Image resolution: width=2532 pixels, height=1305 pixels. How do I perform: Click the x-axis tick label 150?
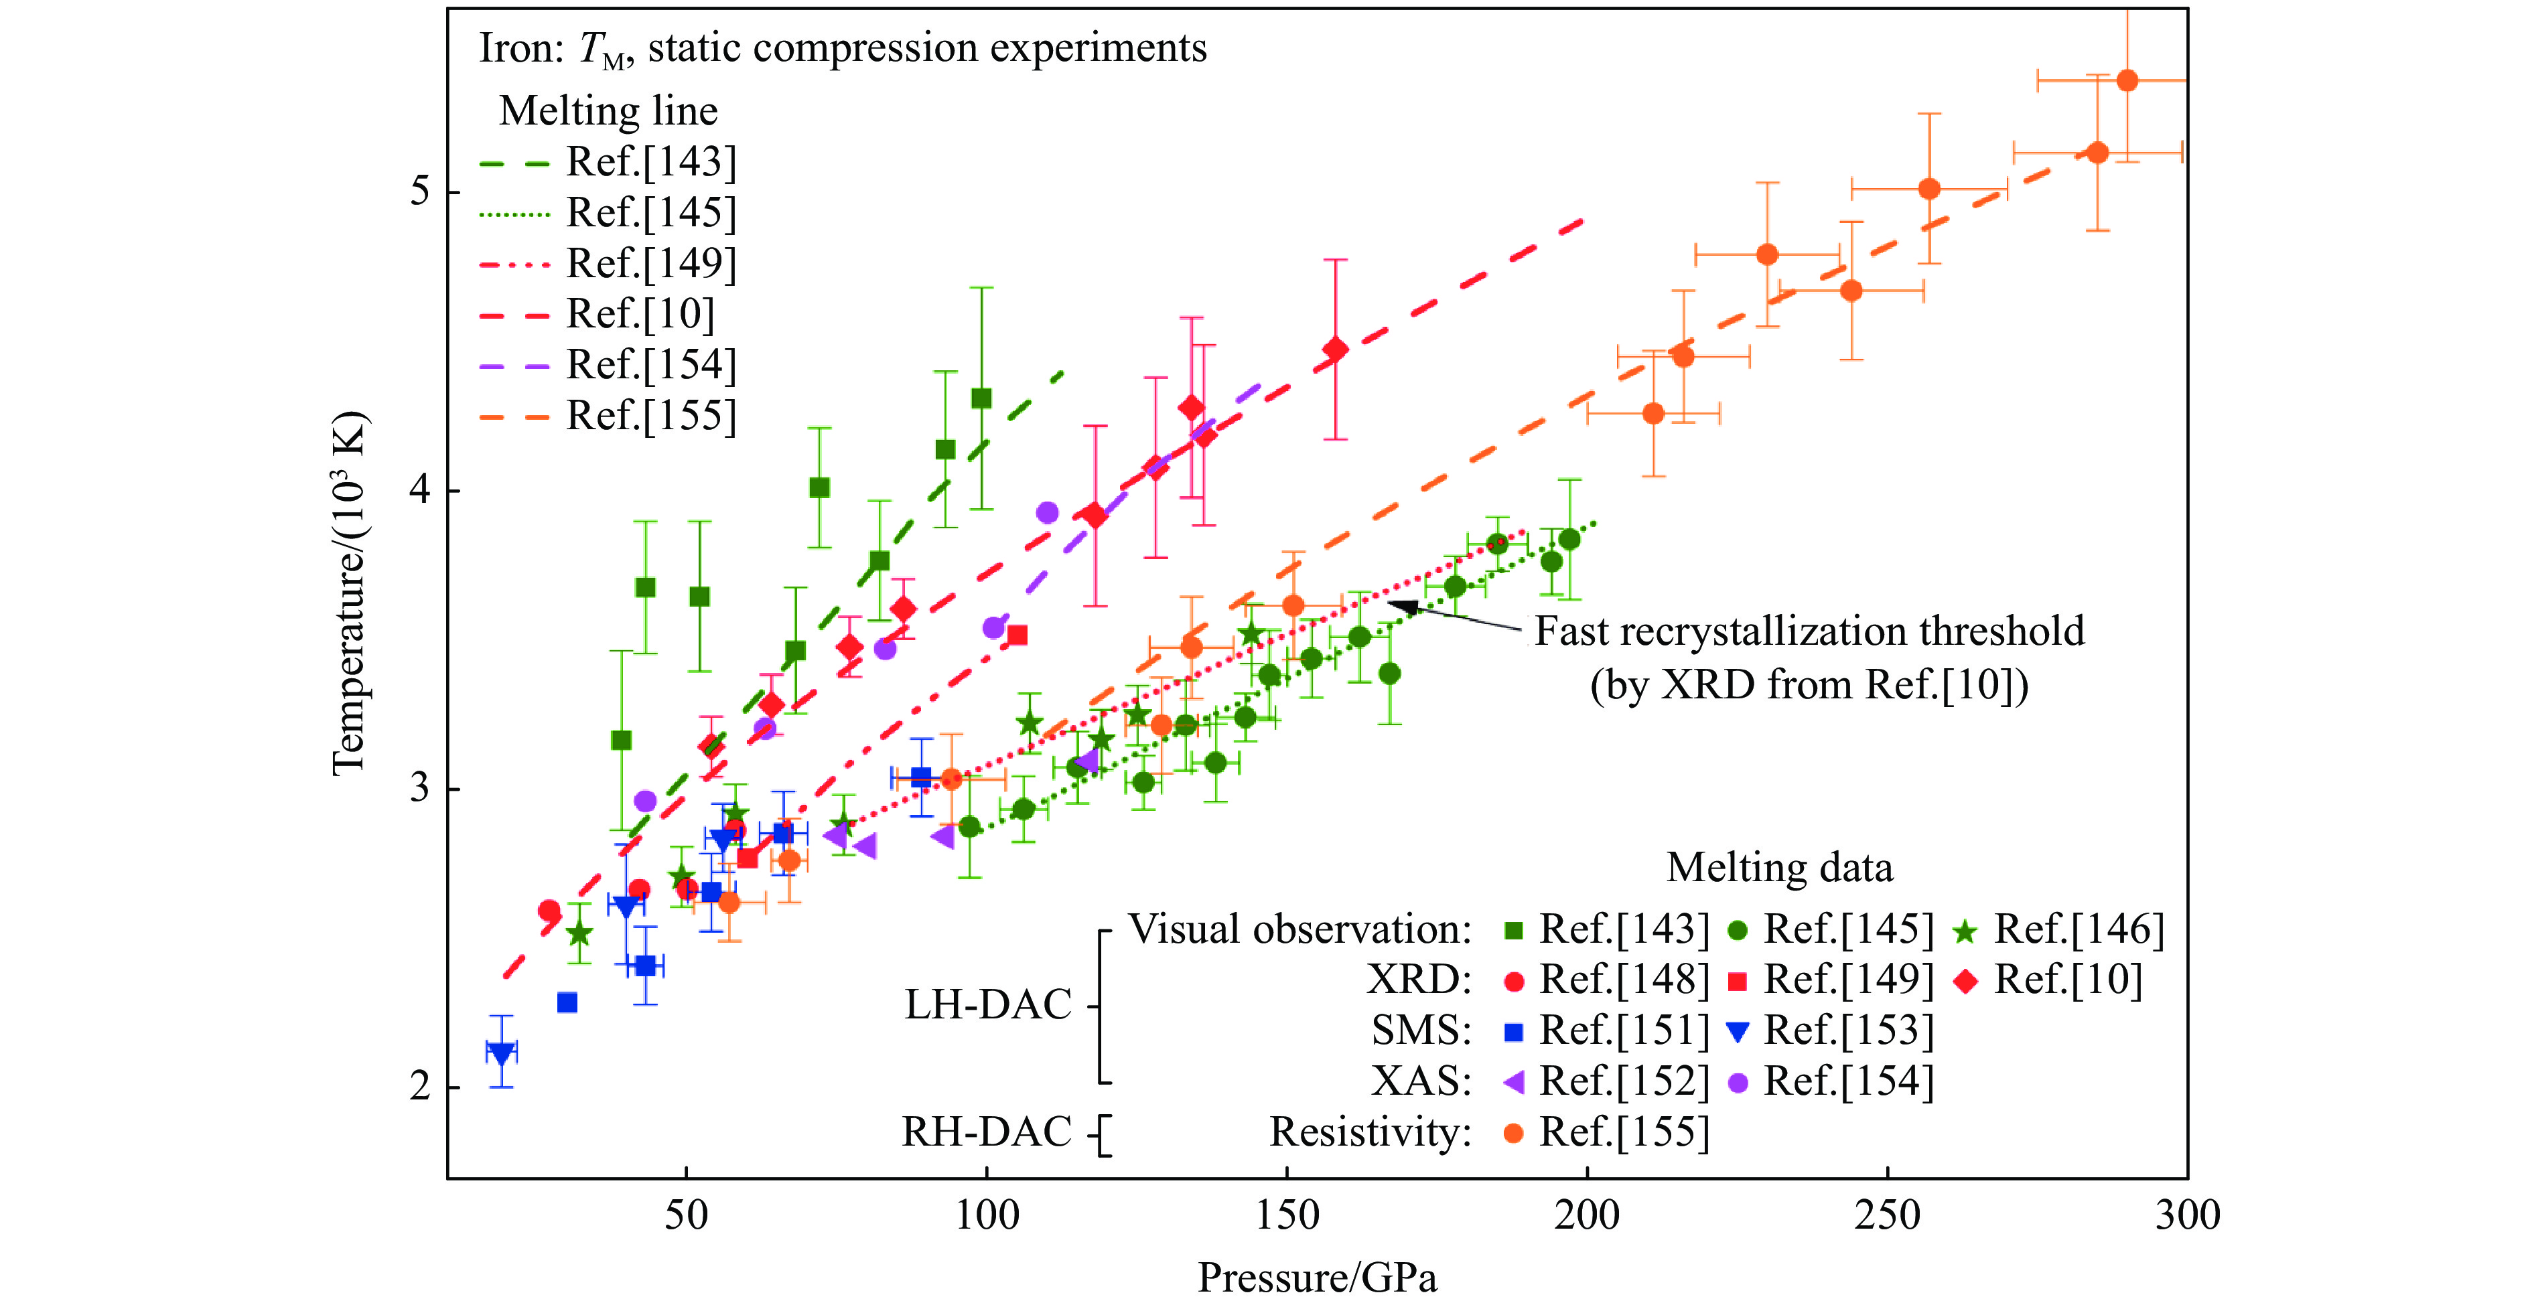pyautogui.click(x=1287, y=1215)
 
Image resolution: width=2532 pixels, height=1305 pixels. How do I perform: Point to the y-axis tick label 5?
pyautogui.click(x=421, y=191)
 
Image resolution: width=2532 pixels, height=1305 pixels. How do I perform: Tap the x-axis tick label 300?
pyautogui.click(x=2187, y=1215)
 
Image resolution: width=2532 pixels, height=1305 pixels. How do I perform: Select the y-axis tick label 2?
pyautogui.click(x=421, y=1087)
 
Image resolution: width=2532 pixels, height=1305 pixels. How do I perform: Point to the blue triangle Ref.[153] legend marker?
pyautogui.click(x=1738, y=1032)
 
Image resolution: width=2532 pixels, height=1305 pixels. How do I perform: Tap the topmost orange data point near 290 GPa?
pyautogui.click(x=2127, y=80)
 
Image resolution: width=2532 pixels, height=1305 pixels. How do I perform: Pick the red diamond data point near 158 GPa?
pyautogui.click(x=1335, y=349)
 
